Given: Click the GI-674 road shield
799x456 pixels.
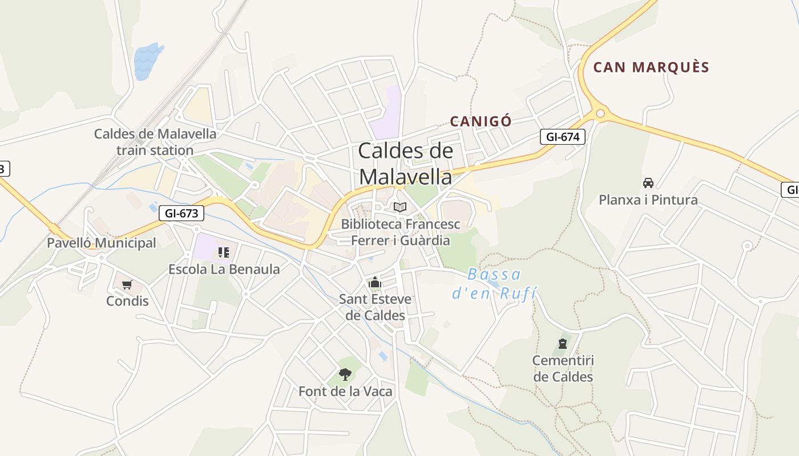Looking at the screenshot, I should [x=563, y=137].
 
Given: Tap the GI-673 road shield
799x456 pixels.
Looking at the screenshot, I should [x=181, y=213].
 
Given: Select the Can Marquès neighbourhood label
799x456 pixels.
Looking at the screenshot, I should [x=651, y=67].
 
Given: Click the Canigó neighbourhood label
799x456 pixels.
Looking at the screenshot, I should [x=481, y=121].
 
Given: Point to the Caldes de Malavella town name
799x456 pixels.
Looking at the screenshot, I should [x=406, y=164].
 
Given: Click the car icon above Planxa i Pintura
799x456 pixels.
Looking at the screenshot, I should [x=648, y=183].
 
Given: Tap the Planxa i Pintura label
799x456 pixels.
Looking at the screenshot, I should [x=648, y=200].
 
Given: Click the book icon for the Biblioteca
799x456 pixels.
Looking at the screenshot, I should [x=400, y=207].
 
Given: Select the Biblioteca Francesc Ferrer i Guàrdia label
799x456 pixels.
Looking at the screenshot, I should [x=400, y=232].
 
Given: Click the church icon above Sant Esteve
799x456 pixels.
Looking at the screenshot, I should [x=375, y=282].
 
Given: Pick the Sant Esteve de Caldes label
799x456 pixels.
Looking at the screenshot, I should [x=375, y=307].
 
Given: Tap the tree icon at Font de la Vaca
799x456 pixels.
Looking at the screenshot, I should [x=345, y=374].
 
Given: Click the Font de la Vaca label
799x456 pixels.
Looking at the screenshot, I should [x=345, y=392].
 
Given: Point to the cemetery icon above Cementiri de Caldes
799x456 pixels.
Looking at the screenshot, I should [x=563, y=344].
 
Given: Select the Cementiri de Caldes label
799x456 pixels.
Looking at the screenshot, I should [x=563, y=368].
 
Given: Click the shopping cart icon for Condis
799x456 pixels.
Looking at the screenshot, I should [x=127, y=284].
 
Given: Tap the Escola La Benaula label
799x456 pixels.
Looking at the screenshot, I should [x=224, y=269].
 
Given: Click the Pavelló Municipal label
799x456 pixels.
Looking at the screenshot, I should [x=101, y=243].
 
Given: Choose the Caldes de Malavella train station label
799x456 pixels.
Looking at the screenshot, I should [x=155, y=142].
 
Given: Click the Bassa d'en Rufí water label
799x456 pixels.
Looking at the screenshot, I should [x=494, y=284].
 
